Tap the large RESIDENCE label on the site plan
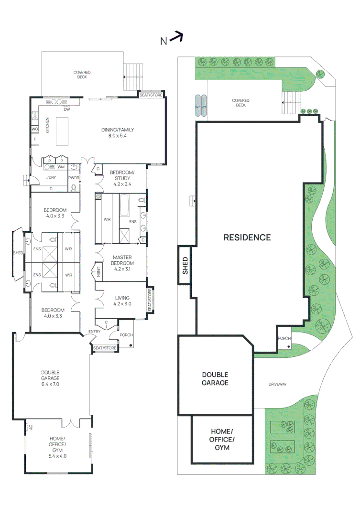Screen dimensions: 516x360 pyautogui.click(x=247, y=237)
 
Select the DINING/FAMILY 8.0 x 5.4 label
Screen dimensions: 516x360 pyautogui.click(x=117, y=132)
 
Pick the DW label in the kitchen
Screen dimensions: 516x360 pyautogui.click(x=66, y=109)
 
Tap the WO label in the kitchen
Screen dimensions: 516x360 pyautogui.click(x=34, y=129)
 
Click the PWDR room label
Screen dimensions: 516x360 pyautogui.click(x=74, y=178)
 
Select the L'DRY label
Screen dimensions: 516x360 pyautogui.click(x=51, y=178)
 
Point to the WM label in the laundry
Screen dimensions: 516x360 pyautogui.click(x=61, y=167)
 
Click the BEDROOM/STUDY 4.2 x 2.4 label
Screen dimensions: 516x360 pyautogui.click(x=122, y=178)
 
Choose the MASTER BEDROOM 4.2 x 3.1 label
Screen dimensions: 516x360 pyautogui.click(x=122, y=263)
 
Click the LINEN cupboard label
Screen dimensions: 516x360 pyautogui.click(x=98, y=273)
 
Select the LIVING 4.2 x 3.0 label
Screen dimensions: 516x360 pyautogui.click(x=122, y=301)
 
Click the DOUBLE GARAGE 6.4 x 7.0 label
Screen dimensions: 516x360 pyautogui.click(x=50, y=378)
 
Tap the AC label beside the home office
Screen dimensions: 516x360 pyautogui.click(x=31, y=428)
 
